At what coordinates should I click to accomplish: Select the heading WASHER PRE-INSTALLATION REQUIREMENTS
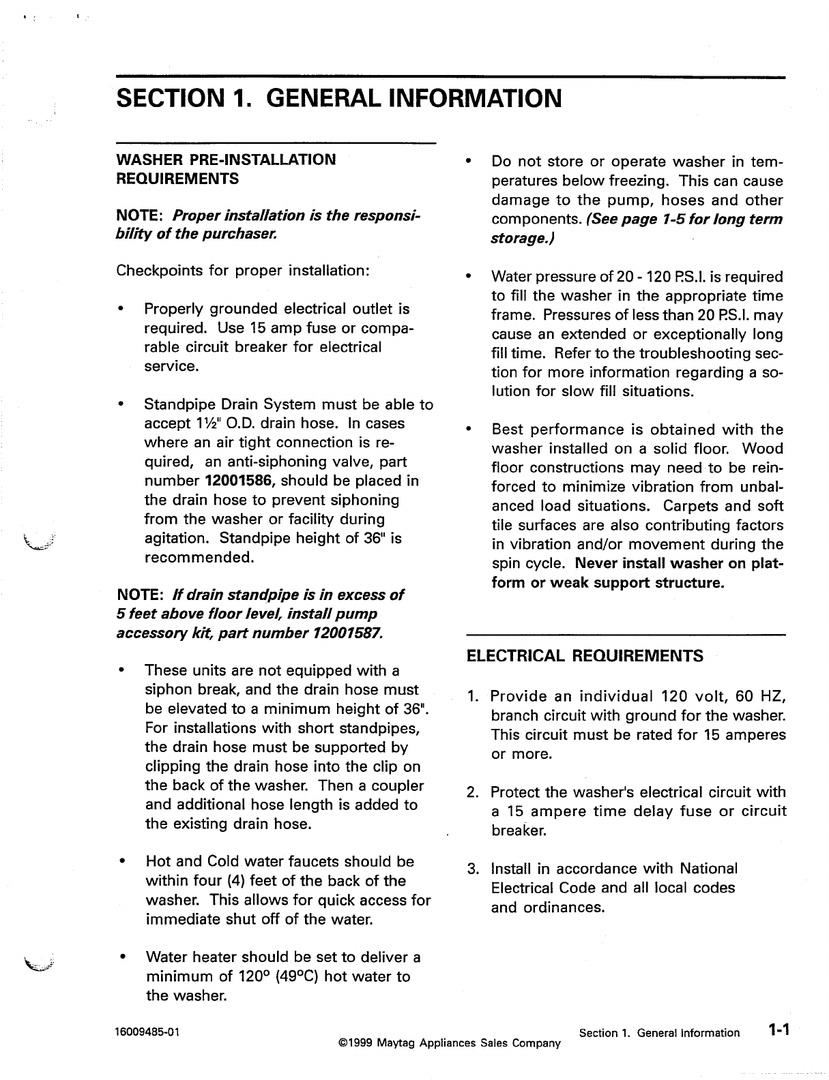226,169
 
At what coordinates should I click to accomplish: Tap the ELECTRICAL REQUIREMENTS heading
585,656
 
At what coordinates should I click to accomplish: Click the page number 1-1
776,1031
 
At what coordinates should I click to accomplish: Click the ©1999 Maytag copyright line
449,1043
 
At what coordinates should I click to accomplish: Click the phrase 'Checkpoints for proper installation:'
243,270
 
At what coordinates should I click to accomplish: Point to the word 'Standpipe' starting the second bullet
177,404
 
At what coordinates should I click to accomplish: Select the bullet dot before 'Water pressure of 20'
468,277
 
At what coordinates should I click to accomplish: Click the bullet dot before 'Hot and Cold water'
121,862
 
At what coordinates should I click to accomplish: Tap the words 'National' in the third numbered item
708,869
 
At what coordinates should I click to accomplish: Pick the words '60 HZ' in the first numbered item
761,697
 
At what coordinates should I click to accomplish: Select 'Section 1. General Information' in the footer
658,1033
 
